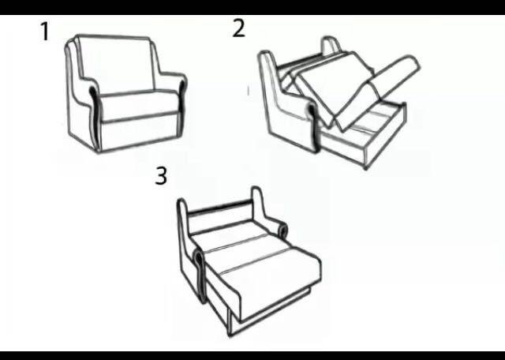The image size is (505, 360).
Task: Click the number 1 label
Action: pyautogui.click(x=46, y=32)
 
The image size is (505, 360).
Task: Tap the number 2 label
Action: pyautogui.click(x=238, y=28)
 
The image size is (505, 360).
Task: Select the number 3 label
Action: pyautogui.click(x=161, y=176)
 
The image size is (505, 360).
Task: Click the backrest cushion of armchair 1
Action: pyautogui.click(x=117, y=64)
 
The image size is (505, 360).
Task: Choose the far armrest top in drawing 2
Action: pyautogui.click(x=331, y=44)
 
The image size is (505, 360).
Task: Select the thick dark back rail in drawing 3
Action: pyautogui.click(x=219, y=207)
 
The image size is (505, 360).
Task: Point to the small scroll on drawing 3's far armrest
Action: pyautogui.click(x=282, y=230)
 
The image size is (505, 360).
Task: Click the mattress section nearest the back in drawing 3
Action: pyautogui.click(x=230, y=233)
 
